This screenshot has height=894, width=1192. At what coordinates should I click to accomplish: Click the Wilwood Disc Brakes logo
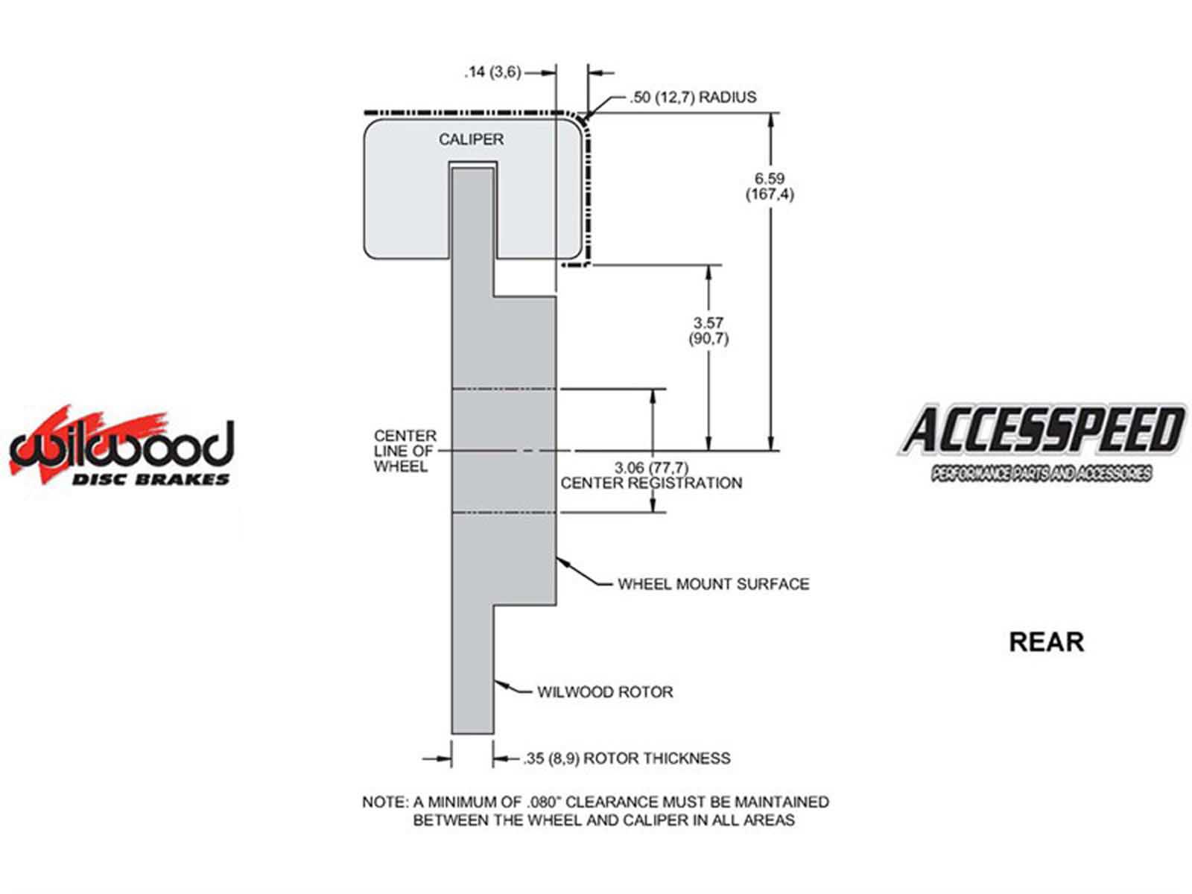(x=121, y=447)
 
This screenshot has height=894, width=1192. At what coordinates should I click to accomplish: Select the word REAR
(x=1046, y=642)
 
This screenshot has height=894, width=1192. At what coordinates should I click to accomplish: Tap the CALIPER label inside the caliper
(x=471, y=139)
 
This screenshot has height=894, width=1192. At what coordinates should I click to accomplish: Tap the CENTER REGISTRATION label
(x=651, y=483)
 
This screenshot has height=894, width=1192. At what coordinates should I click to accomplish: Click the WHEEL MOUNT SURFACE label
(x=714, y=584)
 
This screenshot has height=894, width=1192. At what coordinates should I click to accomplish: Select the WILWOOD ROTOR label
(x=605, y=692)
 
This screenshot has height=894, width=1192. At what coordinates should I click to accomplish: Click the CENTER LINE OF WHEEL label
(x=405, y=451)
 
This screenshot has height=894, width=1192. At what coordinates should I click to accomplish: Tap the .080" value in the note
(x=544, y=802)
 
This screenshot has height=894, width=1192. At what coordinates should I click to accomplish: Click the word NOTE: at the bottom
(x=386, y=802)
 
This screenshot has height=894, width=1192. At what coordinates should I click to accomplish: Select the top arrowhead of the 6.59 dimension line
(x=770, y=121)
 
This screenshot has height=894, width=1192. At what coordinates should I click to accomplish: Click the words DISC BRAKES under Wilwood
(x=150, y=479)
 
